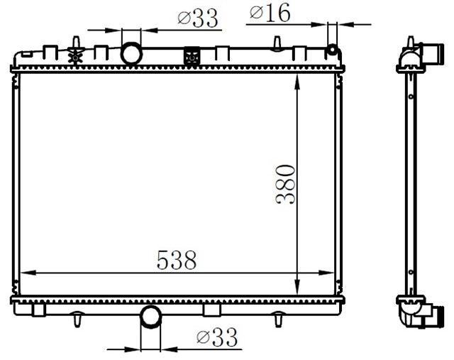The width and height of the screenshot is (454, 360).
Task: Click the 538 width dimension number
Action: point(177,261)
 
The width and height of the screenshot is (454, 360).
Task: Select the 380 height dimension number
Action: point(285,184)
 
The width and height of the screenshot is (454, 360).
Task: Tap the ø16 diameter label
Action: point(270,13)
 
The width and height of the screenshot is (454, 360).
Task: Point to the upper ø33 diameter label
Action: point(198,18)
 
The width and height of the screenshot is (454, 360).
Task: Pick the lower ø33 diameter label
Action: point(216,337)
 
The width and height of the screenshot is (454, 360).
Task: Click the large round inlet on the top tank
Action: point(131,53)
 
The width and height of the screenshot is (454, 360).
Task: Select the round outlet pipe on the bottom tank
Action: point(150,317)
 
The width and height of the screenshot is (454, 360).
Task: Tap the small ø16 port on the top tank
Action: point(331,50)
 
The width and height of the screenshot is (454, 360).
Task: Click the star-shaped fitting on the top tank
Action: point(75,54)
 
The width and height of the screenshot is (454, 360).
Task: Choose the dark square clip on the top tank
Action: point(191,56)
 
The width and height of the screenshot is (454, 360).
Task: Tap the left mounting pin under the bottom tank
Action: point(75,322)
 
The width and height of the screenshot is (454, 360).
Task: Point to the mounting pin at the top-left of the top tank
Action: point(75,40)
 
